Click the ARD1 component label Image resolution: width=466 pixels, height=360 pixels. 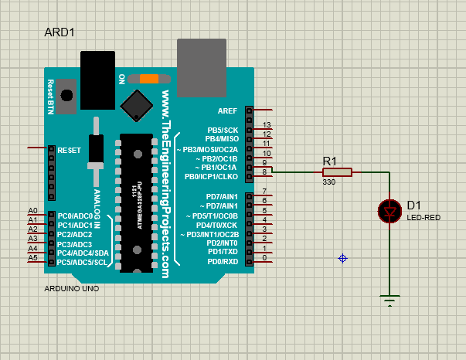60,32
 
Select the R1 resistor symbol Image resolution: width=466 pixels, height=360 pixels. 337,172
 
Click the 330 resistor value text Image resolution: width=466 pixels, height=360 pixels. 329,182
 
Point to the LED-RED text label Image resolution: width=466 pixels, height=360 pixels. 423,218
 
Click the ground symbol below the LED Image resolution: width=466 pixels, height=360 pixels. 389,299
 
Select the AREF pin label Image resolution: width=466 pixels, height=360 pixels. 227,110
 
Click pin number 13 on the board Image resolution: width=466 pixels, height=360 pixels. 267,125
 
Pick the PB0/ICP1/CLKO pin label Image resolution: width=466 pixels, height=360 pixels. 211,177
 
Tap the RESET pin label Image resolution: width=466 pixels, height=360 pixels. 70,150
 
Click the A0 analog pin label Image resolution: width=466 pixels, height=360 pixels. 32,211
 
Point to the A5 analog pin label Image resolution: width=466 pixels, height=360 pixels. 32,257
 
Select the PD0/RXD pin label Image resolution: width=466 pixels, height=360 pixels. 222,261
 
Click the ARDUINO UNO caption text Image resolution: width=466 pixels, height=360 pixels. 71,289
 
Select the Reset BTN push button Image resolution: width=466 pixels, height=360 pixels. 67,94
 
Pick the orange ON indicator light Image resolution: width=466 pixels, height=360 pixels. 149,78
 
